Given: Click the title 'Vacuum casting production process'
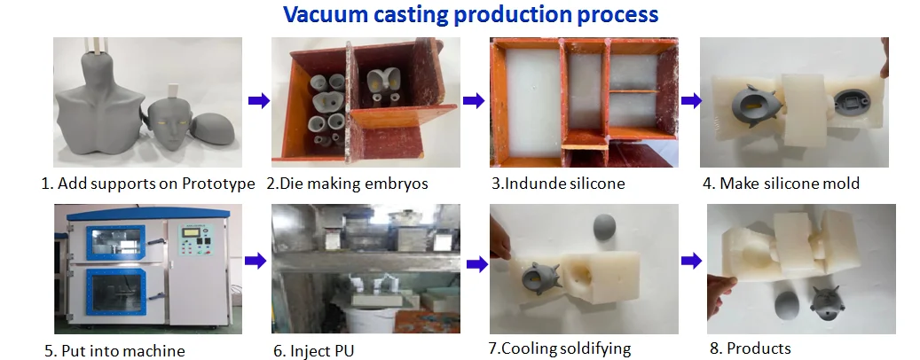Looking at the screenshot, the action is pyautogui.click(x=470, y=15).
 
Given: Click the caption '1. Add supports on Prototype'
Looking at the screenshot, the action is pyautogui.click(x=148, y=184).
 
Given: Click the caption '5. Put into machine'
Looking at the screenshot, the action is pyautogui.click(x=114, y=350).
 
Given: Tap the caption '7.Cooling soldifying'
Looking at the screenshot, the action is pyautogui.click(x=565, y=348).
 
